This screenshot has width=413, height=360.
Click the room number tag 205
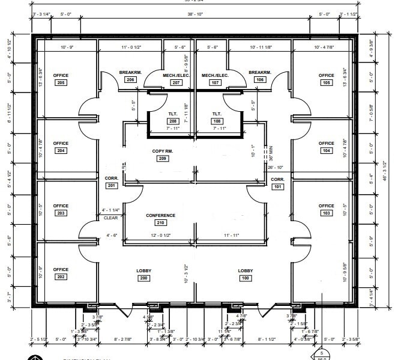click(61, 82)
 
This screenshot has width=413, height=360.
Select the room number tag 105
click(327, 82)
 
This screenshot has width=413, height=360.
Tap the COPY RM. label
click(162, 151)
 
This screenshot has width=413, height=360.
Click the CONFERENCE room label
click(161, 215)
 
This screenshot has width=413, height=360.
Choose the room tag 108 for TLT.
click(217, 121)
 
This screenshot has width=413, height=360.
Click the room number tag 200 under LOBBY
click(144, 278)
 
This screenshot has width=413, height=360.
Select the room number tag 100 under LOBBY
click(245, 278)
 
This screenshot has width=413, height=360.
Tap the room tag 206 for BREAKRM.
click(130, 79)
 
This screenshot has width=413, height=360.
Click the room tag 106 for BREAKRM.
click(260, 79)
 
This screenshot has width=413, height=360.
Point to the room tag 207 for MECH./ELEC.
click(176, 82)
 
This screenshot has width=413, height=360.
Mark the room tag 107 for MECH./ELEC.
click(216, 82)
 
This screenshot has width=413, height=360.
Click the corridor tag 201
click(112, 186)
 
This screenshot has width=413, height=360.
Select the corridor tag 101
click(277, 187)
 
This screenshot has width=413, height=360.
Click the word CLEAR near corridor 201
click(110, 218)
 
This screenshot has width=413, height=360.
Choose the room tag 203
click(61, 213)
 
